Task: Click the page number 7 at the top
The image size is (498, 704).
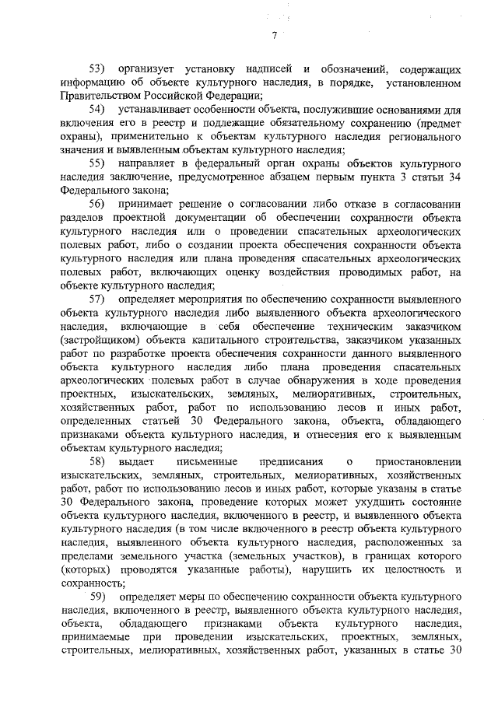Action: (275, 34)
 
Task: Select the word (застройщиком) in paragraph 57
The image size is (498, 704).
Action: (97, 339)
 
